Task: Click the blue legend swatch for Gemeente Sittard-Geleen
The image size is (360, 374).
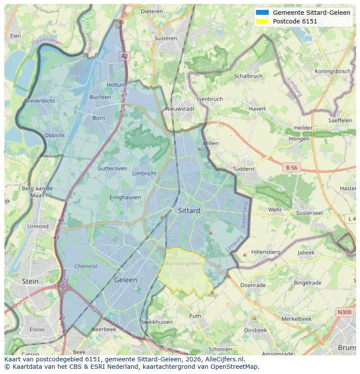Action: (x=262, y=13)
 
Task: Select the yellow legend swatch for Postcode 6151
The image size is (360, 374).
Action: (x=262, y=21)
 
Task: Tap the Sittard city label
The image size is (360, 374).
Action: (x=189, y=211)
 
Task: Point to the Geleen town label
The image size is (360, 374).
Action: (x=125, y=280)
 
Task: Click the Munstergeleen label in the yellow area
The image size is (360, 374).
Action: (x=183, y=264)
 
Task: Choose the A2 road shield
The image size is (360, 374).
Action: (x=125, y=56)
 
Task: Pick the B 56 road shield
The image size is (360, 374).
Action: (x=291, y=167)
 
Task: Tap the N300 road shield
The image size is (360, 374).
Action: (x=345, y=312)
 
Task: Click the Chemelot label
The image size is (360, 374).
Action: (x=86, y=266)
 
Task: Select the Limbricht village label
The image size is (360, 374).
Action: (x=144, y=173)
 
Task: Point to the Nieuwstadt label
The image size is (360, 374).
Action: (x=180, y=109)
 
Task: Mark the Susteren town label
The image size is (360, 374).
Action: (x=166, y=38)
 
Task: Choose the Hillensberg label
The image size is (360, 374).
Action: (x=266, y=252)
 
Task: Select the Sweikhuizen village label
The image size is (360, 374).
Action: (x=157, y=322)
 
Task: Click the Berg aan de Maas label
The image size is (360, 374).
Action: (x=37, y=192)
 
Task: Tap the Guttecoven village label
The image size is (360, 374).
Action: (x=112, y=169)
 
